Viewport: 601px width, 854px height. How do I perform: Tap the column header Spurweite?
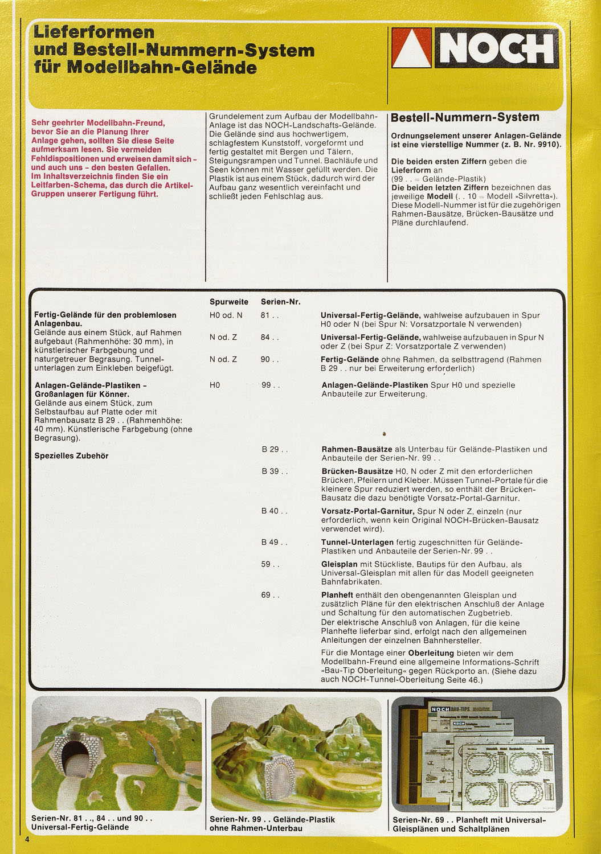pos(228,302)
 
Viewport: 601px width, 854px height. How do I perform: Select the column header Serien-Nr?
pos(280,302)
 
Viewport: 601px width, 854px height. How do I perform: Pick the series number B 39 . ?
pos(275,471)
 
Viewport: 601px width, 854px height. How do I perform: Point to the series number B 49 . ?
pos(275,542)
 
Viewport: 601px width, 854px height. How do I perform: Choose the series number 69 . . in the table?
pos(270,595)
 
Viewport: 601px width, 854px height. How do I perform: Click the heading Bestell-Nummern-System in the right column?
pos(465,117)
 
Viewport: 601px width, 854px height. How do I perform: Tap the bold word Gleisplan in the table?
pos(340,564)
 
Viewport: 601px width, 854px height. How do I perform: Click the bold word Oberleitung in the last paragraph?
pos(431,653)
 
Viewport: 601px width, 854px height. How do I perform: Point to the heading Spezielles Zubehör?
pos(71,455)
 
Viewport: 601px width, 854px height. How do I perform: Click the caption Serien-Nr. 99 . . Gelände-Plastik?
pos(272,819)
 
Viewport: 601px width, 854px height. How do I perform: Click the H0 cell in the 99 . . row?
pos(215,385)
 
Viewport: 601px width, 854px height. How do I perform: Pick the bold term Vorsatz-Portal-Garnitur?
pos(367,511)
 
